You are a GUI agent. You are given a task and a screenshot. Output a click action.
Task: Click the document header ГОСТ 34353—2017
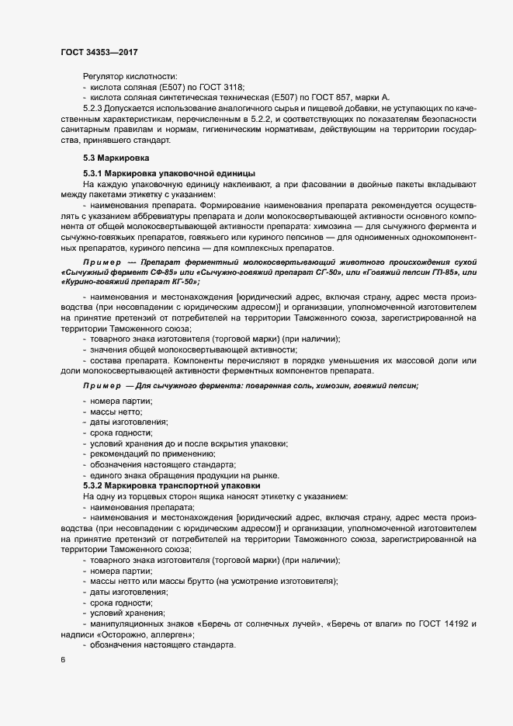pyautogui.click(x=100, y=52)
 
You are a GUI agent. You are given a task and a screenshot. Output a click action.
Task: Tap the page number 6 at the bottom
pyautogui.click(x=63, y=661)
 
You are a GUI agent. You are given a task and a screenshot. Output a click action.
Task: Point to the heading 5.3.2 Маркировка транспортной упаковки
pyautogui.click(x=175, y=485)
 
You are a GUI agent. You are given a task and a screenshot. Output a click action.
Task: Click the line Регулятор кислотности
pyautogui.click(x=130, y=76)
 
